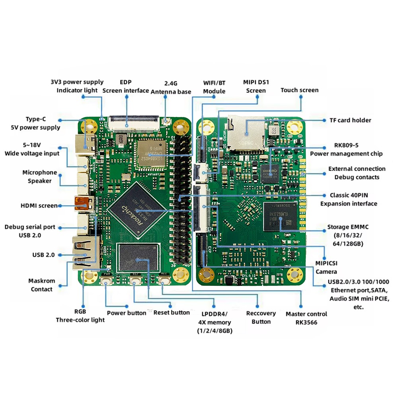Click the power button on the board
[106, 282]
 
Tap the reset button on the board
[135, 282]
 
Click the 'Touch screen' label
[299, 90]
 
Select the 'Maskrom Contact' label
[42, 285]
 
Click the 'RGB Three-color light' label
[80, 316]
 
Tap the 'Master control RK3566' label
[306, 318]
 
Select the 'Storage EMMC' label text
[348, 227]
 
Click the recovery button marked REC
[164, 282]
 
